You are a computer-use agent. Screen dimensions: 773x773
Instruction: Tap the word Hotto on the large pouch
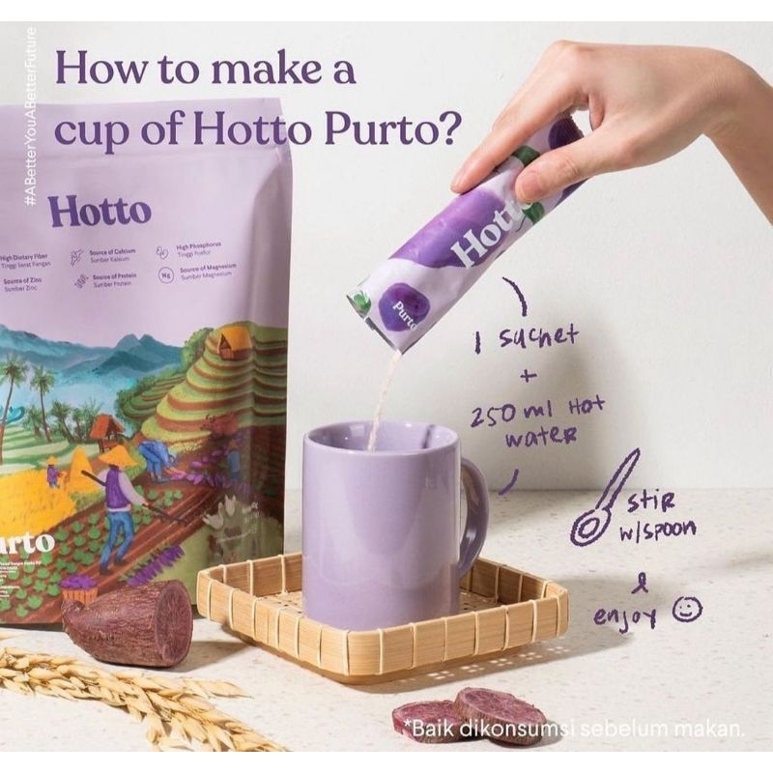(100, 211)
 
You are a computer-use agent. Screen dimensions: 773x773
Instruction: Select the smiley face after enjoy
(689, 608)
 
